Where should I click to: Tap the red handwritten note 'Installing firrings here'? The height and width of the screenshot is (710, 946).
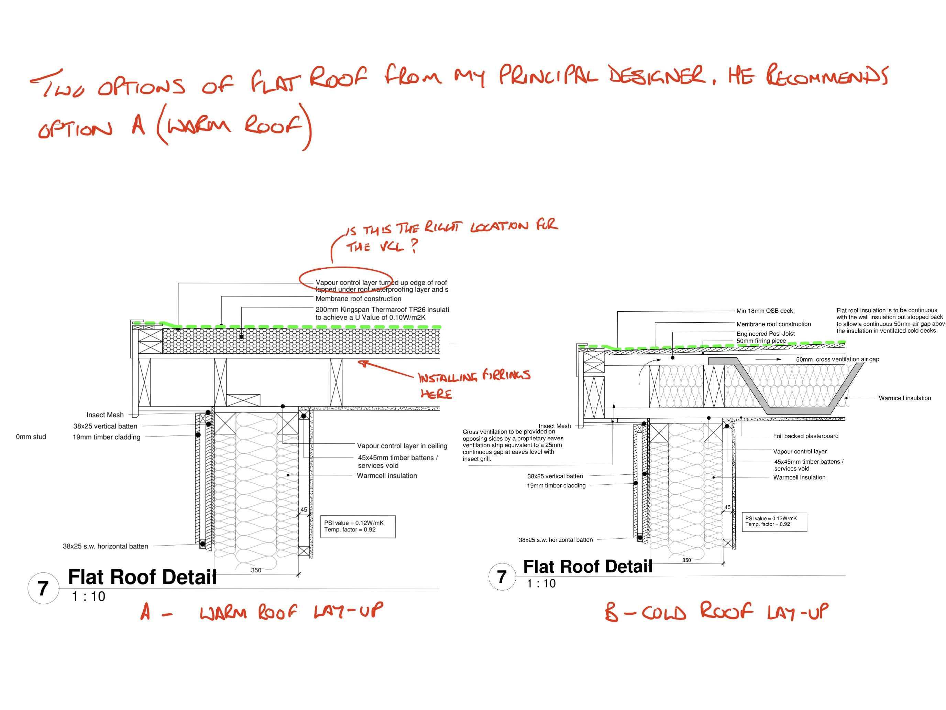click(473, 384)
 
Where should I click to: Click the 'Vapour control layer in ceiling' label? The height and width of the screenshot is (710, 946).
click(402, 446)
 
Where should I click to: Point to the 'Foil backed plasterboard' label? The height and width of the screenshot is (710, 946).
click(805, 436)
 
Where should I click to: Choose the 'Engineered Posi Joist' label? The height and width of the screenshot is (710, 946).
click(765, 333)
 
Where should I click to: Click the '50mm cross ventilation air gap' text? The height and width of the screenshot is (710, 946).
click(837, 359)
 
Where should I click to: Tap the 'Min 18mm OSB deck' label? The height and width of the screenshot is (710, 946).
click(764, 311)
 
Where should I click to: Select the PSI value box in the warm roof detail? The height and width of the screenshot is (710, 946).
click(358, 526)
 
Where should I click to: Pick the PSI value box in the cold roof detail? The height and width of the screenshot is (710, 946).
click(774, 521)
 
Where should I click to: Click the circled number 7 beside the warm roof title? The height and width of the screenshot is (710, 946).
click(43, 589)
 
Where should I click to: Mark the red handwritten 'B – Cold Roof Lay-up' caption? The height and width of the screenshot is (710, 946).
click(716, 612)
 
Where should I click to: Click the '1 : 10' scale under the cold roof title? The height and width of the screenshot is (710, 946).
click(541, 583)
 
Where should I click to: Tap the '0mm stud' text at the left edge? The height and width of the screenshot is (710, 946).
click(31, 437)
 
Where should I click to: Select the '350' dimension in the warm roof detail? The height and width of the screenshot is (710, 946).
click(256, 570)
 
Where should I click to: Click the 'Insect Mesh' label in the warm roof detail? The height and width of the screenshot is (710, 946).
click(105, 415)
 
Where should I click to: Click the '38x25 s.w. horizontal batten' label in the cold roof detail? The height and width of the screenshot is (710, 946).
click(555, 540)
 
